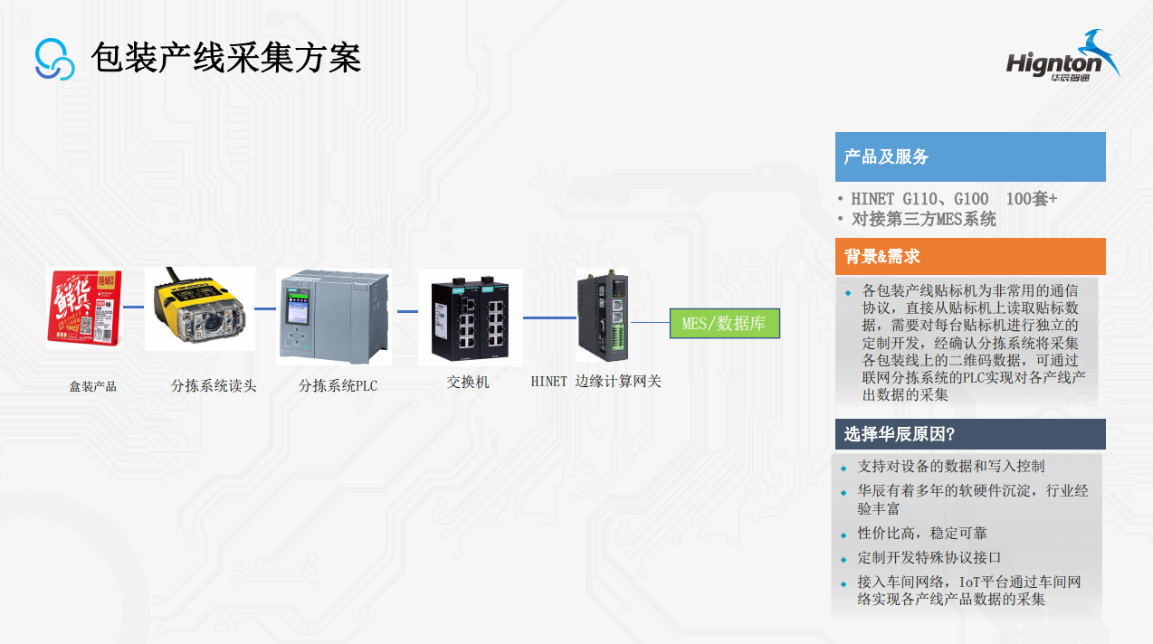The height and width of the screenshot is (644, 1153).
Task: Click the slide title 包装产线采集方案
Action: (x=225, y=58)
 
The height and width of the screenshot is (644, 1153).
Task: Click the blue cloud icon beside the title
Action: (x=54, y=59)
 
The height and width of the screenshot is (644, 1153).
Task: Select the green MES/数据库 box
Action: (x=724, y=323)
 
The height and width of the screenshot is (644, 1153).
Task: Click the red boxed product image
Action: (x=84, y=308)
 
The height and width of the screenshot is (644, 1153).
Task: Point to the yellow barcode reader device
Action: (x=200, y=308)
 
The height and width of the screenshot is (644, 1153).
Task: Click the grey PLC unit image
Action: (x=335, y=316)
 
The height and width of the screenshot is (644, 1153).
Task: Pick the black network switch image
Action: (x=470, y=317)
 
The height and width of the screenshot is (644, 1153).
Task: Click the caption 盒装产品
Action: (x=93, y=386)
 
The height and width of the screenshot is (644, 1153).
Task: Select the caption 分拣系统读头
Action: (x=214, y=386)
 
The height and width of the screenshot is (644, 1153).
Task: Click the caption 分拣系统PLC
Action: (x=338, y=386)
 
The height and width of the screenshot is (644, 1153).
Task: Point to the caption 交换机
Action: (x=468, y=383)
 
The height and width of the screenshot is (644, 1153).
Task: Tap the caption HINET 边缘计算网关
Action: (x=596, y=382)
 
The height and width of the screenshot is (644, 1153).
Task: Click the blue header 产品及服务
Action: (x=969, y=156)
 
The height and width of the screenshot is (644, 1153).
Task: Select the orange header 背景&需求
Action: (x=969, y=256)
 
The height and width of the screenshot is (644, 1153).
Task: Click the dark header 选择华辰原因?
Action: (x=969, y=434)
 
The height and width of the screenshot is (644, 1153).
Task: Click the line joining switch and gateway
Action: (x=549, y=317)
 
